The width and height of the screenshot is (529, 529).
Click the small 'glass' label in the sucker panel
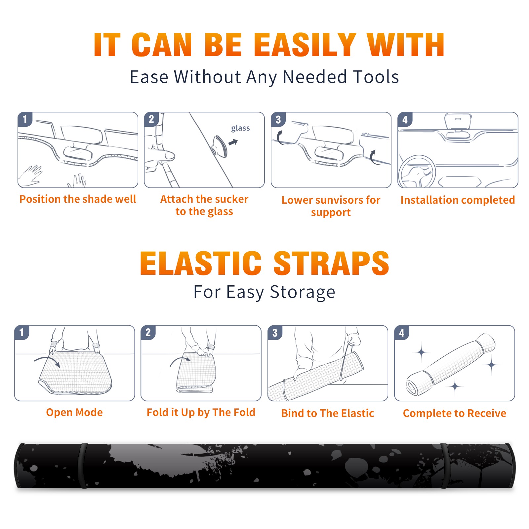point(240,128)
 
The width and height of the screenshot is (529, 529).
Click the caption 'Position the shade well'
point(78,199)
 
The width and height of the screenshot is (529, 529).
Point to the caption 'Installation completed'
point(458,200)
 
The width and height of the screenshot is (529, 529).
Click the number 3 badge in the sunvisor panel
point(278,119)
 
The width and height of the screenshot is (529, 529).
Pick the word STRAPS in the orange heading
point(331,263)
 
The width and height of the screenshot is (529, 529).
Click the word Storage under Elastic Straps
point(303,292)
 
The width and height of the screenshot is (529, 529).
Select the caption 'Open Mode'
point(74,412)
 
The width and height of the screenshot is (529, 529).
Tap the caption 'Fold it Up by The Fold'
point(201,412)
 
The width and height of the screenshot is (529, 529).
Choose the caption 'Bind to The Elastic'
point(328,413)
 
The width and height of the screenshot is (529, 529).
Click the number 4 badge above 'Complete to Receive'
point(402,333)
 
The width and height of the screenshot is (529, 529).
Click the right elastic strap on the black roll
point(444,466)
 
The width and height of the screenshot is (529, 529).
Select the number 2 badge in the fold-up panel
point(148,332)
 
